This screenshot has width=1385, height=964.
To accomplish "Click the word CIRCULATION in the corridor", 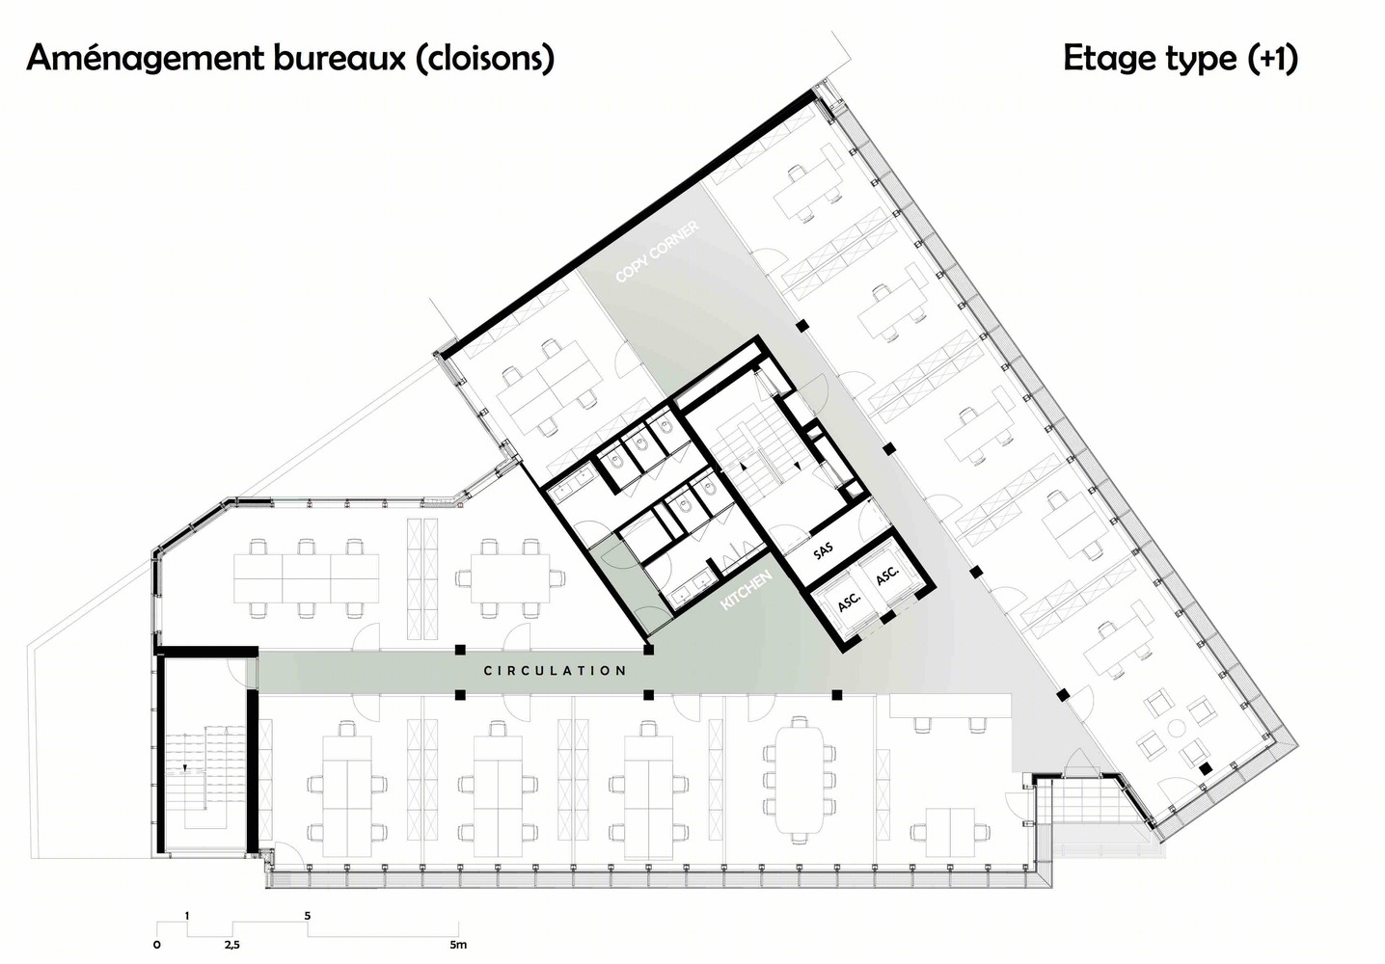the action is tap(555, 671).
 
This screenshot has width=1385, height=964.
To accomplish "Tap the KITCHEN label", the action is tap(747, 590).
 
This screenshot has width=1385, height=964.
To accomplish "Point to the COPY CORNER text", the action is tap(657, 252).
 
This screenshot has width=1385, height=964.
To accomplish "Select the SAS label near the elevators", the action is tap(823, 550).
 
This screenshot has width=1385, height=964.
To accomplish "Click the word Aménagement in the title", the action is tap(146, 59).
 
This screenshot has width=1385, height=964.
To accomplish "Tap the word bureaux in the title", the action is tap(339, 58).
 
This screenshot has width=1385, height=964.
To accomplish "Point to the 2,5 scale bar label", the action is tap(231, 945).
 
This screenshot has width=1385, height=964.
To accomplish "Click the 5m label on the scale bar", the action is tap(458, 944).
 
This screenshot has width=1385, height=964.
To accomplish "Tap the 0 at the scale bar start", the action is tap(157, 945).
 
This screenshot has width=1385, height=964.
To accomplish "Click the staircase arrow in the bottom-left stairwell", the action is tap(185, 768).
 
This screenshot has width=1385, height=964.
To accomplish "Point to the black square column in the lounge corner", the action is tap(1205, 768).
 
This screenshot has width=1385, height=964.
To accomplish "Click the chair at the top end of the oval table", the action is tap(799, 721).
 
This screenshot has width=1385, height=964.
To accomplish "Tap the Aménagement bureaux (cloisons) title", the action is tap(290, 60).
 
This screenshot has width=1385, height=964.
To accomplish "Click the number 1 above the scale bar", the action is tap(187, 916).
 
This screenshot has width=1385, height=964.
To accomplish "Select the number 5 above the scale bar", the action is tap(308, 916).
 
